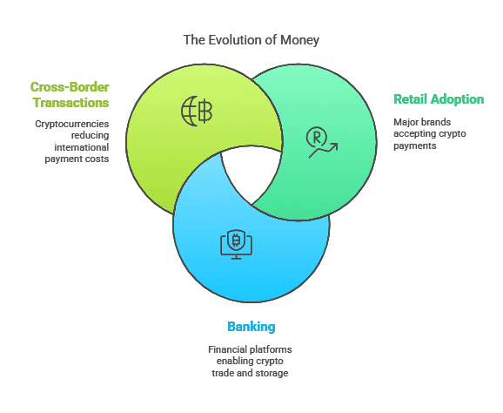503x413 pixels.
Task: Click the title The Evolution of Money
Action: tap(251, 40)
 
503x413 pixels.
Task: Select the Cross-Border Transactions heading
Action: tap(70, 95)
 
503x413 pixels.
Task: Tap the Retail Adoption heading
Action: tap(439, 99)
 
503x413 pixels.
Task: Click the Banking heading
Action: tap(251, 327)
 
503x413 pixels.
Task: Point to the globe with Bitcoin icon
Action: tap(197, 112)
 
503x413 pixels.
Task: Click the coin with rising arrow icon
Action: tap(322, 142)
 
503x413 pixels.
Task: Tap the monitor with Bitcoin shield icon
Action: tap(236, 244)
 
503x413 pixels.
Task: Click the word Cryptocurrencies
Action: tap(72, 124)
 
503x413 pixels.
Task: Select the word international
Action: tap(82, 147)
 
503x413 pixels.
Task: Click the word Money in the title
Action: tap(299, 40)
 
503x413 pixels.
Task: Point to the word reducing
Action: tap(91, 136)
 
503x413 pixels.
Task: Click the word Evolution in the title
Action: tap(234, 40)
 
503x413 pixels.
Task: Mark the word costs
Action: tap(99, 159)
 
